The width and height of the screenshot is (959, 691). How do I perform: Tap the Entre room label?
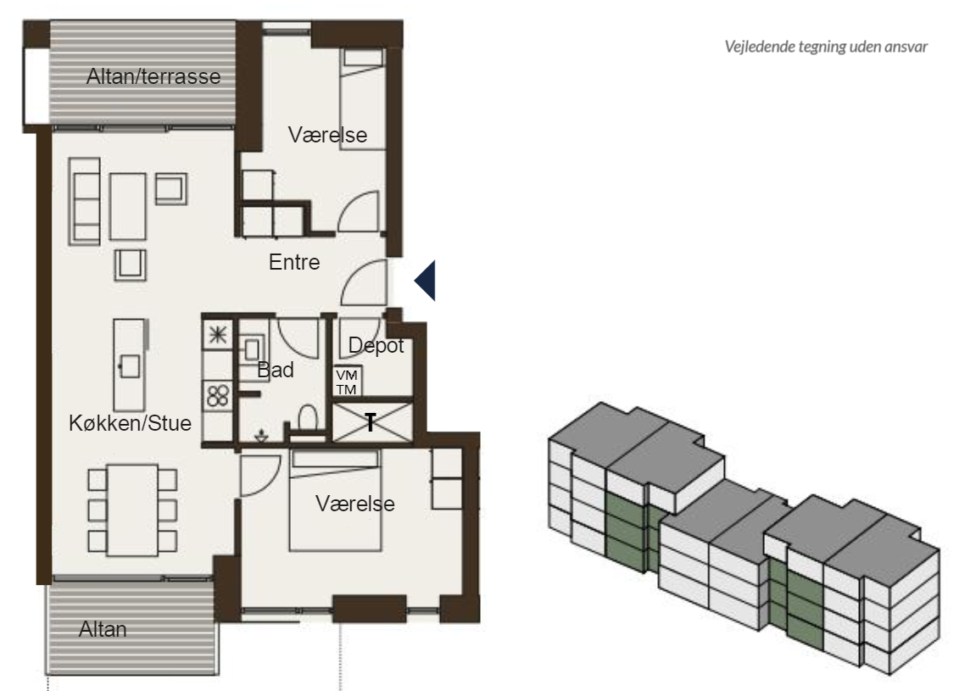[x=294, y=262]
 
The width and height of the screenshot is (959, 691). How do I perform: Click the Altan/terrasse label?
[x=153, y=76]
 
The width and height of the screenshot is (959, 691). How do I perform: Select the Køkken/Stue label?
[x=131, y=423]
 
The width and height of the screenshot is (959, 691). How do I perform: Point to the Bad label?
[x=276, y=370]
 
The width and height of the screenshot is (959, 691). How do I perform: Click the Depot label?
[x=376, y=346]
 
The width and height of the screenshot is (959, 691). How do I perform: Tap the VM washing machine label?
[x=346, y=376]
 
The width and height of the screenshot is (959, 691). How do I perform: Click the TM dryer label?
[x=346, y=389]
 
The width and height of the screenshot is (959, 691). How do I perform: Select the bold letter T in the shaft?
[x=370, y=422]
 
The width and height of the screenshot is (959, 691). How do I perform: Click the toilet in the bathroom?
[x=308, y=420]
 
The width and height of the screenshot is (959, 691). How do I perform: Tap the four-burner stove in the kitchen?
[x=218, y=395]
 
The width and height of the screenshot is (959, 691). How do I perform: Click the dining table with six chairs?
[x=133, y=510]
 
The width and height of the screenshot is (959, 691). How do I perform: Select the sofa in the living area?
[x=85, y=201]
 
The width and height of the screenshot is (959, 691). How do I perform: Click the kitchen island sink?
[x=129, y=366]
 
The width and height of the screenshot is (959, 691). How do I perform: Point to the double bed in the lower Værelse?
[x=335, y=500]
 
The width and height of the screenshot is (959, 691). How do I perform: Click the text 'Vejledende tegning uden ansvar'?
[x=826, y=47]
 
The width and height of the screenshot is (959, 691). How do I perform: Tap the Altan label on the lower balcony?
[x=103, y=629]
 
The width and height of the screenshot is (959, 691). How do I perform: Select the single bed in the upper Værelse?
[x=363, y=99]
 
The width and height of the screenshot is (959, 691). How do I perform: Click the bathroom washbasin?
[x=252, y=350]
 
